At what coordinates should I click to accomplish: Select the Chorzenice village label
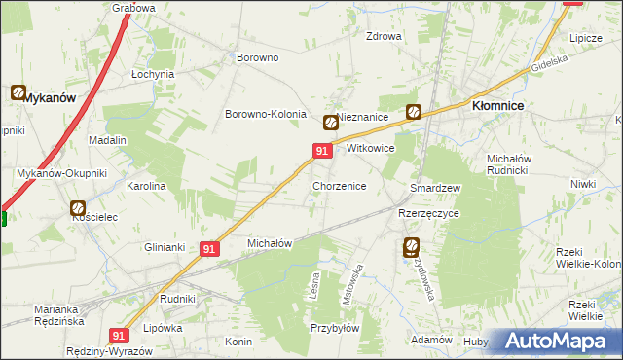(x=339, y=185)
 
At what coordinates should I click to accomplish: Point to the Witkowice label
(x=370, y=149)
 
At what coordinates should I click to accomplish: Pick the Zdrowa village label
(x=383, y=37)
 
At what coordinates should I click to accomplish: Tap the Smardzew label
(x=435, y=187)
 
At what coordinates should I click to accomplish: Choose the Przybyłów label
(x=335, y=328)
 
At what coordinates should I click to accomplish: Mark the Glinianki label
(x=165, y=246)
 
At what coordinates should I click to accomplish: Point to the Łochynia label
(x=153, y=74)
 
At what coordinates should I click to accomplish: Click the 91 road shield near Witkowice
(x=321, y=151)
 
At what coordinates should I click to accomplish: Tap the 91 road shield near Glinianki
(x=209, y=249)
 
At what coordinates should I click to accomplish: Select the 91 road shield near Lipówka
(x=119, y=335)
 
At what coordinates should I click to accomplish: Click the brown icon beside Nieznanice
(x=330, y=123)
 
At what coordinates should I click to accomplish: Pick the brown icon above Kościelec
(x=77, y=207)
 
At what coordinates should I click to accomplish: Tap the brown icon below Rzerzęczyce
(x=412, y=247)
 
